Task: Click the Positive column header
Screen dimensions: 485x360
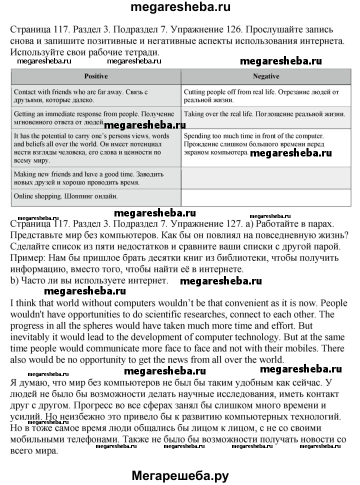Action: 95,76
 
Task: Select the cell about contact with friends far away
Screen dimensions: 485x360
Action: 95,96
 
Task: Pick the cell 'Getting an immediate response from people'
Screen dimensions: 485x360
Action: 95,118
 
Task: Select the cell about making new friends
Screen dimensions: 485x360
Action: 95,178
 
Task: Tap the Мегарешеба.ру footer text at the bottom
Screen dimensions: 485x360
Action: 180,475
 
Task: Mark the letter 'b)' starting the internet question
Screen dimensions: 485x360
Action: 14,281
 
